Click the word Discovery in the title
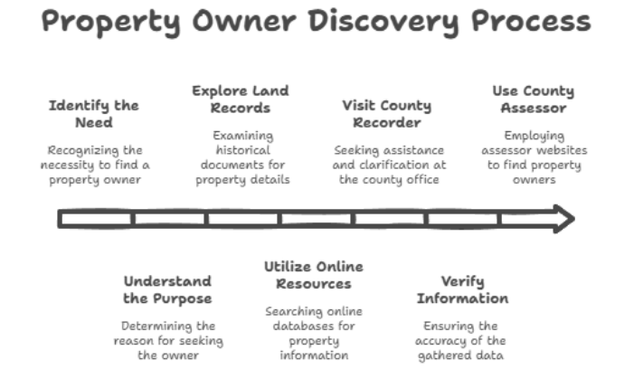point(383,22)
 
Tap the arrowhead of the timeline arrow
point(564,219)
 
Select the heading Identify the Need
point(94,114)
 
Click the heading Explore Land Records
point(241,99)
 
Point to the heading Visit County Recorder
point(387,114)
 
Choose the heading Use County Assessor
point(534,99)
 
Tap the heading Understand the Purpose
point(167,289)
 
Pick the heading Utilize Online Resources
point(314,275)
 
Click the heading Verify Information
point(462,289)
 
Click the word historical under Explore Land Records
point(242,150)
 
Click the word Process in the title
point(531,22)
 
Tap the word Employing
point(535,136)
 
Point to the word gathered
point(443,355)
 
